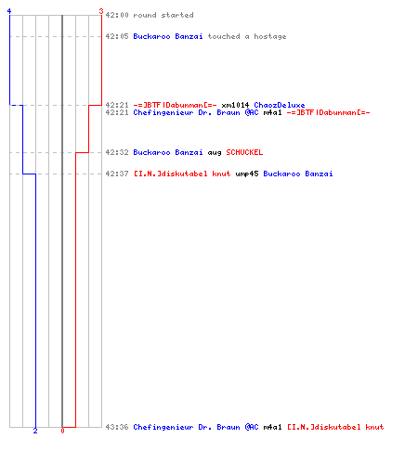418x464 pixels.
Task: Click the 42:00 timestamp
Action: coord(117,15)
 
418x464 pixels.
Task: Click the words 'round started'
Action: coord(163,15)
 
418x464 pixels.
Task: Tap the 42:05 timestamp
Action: coord(117,36)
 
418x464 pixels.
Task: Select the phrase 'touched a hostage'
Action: coord(247,36)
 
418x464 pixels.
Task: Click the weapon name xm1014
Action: coord(235,105)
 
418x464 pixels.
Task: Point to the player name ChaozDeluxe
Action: coord(280,105)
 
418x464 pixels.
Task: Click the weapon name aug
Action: coord(215,153)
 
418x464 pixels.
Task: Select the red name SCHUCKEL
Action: coord(244,152)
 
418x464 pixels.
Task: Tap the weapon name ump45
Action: coord(247,174)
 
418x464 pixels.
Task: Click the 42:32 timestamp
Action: coord(117,152)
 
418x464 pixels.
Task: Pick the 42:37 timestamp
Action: coord(117,174)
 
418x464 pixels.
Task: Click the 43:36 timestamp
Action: coord(117,427)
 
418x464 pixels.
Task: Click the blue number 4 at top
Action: coord(9,11)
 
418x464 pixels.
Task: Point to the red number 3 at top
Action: coord(101,11)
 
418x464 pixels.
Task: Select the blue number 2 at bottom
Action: coord(35,431)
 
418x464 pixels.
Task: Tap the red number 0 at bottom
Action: coord(62,431)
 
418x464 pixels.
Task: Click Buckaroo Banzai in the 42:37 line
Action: coord(298,174)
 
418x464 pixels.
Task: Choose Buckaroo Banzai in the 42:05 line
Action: coord(168,36)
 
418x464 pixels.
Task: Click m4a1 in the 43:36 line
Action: coord(272,427)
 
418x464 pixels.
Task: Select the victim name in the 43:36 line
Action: coord(335,427)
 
